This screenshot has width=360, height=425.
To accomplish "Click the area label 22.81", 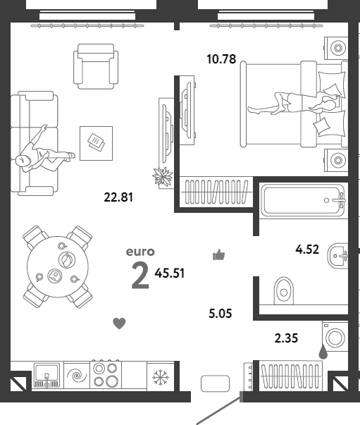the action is tap(118, 197).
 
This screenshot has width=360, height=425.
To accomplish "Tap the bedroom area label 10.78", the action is tap(221, 59).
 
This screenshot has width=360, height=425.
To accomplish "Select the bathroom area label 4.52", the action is tap(307, 250).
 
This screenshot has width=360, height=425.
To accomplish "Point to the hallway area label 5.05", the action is tap(221, 314).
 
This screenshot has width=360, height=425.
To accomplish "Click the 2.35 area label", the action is tap(286, 338).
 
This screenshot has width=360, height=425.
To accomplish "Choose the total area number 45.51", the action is tap(170, 273).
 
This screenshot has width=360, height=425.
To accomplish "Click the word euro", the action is tap(140, 252).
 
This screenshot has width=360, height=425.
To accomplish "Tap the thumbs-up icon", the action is tap(219, 254).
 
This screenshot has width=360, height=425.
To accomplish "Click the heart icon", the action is tap(119, 324).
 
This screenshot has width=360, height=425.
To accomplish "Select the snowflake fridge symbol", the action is tap(161, 377).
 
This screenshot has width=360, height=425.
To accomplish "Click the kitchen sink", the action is tap(47, 376).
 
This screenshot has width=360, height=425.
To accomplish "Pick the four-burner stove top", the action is tap(106, 374).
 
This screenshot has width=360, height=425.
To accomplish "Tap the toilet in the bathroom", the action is tap(284, 290).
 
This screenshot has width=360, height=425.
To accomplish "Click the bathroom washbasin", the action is tap(337, 256).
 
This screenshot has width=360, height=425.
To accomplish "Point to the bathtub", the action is tap(302, 200).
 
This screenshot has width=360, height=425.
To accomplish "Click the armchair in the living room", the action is tap(96, 66).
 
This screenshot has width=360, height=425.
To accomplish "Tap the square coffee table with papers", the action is tap(96, 143).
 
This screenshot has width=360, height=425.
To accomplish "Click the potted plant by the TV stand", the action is tap(163, 177).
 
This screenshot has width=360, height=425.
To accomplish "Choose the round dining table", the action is tap(58, 266).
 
